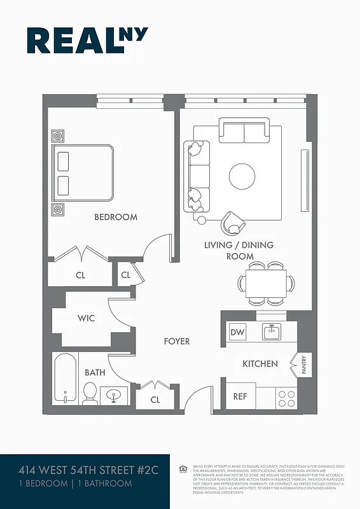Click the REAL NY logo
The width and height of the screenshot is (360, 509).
[x=87, y=40]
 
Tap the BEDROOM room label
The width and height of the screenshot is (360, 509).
[x=116, y=217]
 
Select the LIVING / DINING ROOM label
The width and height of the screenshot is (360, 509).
[x=239, y=251]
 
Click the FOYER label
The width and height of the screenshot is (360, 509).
[x=177, y=342]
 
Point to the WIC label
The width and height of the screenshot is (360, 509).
[x=86, y=318]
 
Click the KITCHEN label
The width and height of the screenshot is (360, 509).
[x=260, y=364]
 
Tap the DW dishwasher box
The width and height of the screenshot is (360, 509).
[x=237, y=332]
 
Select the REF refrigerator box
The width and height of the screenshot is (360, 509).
[x=240, y=396]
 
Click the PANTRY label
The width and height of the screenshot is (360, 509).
[x=303, y=365]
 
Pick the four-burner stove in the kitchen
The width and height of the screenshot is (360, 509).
[x=286, y=398]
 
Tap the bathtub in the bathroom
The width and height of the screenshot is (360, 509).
[x=65, y=379]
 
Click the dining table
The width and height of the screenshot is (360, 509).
[x=266, y=282]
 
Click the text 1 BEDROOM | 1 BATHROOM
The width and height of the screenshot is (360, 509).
[x=75, y=484]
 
